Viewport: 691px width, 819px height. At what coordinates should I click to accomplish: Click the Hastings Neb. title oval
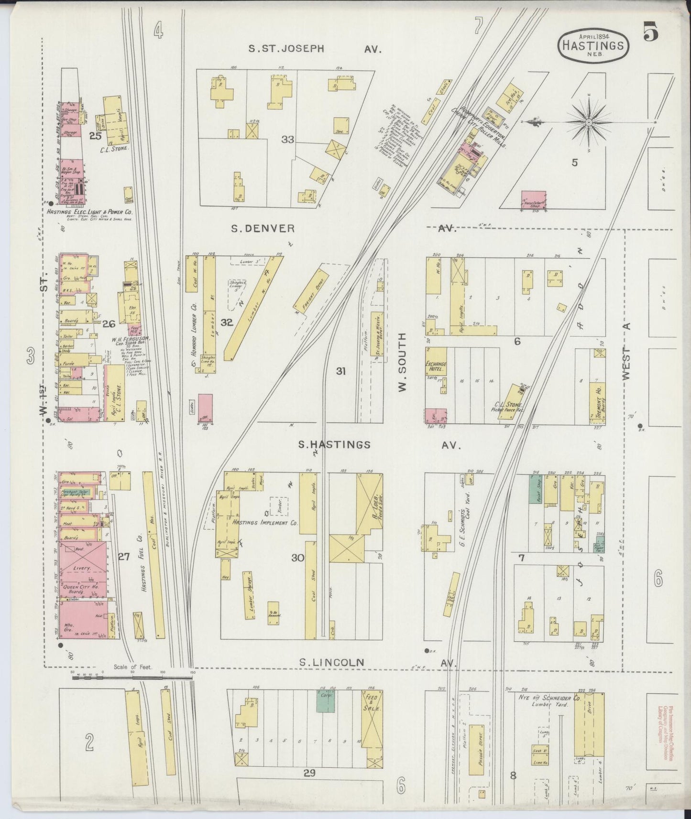[593, 46]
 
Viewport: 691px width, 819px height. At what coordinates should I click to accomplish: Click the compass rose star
[589, 122]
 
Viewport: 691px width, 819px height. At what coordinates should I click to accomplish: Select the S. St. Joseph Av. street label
[286, 49]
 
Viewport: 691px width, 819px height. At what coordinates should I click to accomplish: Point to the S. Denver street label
[263, 229]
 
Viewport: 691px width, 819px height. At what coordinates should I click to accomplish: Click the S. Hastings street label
[334, 445]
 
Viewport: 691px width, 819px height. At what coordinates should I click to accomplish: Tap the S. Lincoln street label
[331, 663]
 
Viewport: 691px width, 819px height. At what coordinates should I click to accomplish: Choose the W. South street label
[402, 363]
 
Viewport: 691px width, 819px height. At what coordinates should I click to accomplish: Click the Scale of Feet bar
[132, 677]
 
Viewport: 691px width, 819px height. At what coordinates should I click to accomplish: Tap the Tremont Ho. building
[598, 403]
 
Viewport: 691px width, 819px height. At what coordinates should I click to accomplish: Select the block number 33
[287, 140]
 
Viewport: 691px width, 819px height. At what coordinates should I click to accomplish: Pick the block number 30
[298, 557]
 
